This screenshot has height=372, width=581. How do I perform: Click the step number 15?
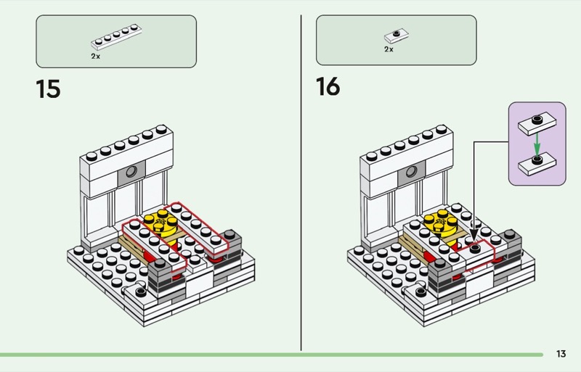click(x=48, y=89)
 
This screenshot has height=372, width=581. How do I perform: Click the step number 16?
click(x=328, y=86)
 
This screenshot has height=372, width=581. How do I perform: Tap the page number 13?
click(x=561, y=354)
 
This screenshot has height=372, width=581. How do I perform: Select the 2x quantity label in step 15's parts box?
click(x=95, y=57)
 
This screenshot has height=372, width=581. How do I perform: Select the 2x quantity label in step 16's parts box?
click(x=389, y=49)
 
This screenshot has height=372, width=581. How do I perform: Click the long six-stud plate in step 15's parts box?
click(x=116, y=37)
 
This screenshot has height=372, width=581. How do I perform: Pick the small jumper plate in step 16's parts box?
click(x=397, y=36)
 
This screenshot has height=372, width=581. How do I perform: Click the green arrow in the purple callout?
click(x=537, y=144)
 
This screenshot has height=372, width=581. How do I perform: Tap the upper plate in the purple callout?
click(x=537, y=123)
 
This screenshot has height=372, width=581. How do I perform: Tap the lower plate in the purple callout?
click(x=537, y=164)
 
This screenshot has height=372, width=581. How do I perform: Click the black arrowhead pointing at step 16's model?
click(x=474, y=235)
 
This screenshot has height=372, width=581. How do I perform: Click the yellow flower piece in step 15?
click(x=161, y=223)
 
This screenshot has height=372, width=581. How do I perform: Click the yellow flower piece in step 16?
click(x=441, y=223)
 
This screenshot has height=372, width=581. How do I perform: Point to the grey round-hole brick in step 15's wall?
click(x=131, y=173)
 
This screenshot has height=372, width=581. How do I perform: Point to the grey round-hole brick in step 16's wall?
click(x=411, y=173)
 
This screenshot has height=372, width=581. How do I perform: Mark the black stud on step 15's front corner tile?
click(x=140, y=292)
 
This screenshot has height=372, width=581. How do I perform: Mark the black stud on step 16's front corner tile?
click(x=420, y=292)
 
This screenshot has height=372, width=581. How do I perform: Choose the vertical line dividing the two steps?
click(x=301, y=183)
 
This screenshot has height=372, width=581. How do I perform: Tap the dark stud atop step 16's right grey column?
click(x=510, y=234)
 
